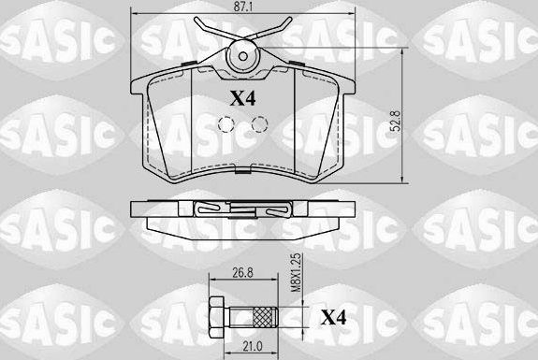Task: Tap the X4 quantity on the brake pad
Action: click(x=242, y=96)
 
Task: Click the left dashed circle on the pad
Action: click(x=225, y=124)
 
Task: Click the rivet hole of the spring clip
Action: click(x=242, y=54)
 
